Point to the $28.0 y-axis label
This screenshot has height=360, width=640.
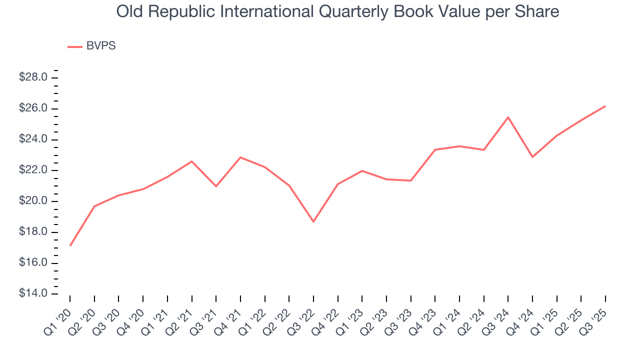pyautogui.click(x=33, y=77)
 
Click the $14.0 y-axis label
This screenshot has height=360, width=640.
pyautogui.click(x=33, y=293)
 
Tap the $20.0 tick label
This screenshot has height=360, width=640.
pyautogui.click(x=33, y=201)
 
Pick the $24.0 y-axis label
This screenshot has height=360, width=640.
pyautogui.click(x=33, y=139)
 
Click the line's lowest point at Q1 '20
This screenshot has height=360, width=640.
pyautogui.click(x=70, y=245)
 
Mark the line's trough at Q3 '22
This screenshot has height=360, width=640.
pyautogui.click(x=313, y=221)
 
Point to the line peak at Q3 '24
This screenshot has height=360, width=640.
pyautogui.click(x=508, y=117)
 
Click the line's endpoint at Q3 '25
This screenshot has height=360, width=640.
pyautogui.click(x=605, y=106)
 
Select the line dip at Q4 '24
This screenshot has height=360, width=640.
pyautogui.click(x=532, y=157)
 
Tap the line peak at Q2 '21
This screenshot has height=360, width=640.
pyautogui.click(x=192, y=161)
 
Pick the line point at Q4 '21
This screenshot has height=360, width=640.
pyautogui.click(x=240, y=157)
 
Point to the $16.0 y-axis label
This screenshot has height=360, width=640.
pyautogui.click(x=33, y=263)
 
